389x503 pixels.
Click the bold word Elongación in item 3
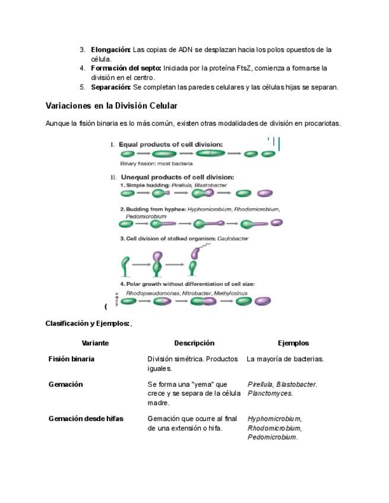point(110,50)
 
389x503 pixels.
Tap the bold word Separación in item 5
point(110,87)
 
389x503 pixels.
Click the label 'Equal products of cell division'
point(171,144)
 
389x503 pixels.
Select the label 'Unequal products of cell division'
point(177,177)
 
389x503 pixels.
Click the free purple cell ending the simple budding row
point(265,193)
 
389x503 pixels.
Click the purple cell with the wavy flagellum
point(195,251)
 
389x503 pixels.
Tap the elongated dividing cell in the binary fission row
point(210,154)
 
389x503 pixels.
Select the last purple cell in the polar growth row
point(263,301)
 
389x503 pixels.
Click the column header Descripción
point(194,343)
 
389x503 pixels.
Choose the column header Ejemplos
point(293,343)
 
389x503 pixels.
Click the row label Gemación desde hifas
point(86,419)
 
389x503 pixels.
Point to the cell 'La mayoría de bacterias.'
point(285,359)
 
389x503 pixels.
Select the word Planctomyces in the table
point(270,393)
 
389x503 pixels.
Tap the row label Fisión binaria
point(71,359)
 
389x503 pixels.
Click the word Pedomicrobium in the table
point(272,437)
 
